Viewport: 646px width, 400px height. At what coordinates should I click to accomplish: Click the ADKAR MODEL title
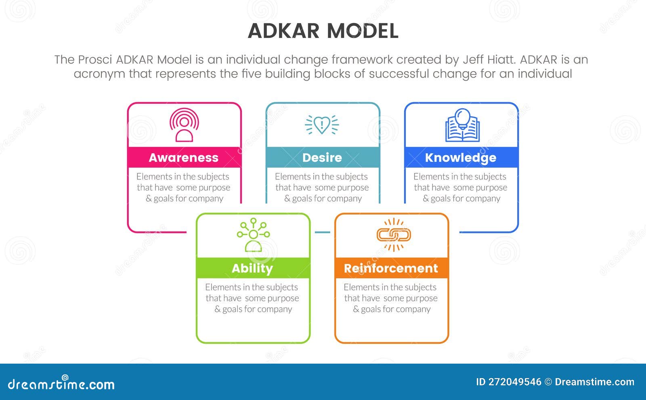[323, 31]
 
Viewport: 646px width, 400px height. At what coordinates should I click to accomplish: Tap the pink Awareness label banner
[184, 157]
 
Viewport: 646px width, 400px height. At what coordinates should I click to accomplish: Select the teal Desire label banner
[323, 157]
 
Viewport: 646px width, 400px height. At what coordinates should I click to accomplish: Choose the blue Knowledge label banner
[461, 157]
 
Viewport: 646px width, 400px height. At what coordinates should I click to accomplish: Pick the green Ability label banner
[253, 268]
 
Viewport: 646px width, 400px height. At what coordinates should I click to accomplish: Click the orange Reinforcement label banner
[391, 268]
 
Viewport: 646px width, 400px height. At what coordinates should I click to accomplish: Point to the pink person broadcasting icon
[184, 125]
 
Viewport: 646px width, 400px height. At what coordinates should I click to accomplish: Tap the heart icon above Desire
[322, 124]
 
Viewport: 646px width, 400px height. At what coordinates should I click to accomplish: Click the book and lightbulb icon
[462, 125]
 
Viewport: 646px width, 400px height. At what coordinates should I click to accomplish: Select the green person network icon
[253, 235]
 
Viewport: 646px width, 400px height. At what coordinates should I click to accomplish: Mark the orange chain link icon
[394, 235]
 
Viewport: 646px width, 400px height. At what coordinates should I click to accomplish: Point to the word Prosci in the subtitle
[95, 60]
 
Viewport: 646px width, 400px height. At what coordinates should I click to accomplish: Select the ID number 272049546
[515, 382]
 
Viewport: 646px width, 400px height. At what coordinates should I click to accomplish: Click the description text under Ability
[253, 298]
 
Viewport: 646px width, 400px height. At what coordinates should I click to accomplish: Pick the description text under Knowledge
[461, 187]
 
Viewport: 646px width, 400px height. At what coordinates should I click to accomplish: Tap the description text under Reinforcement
[391, 298]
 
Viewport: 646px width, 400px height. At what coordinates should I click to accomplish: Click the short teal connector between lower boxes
[322, 232]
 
